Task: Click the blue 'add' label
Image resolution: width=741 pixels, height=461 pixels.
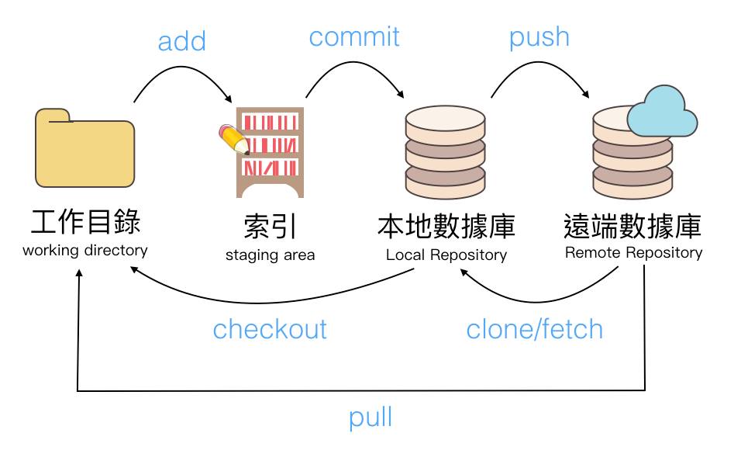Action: click(x=182, y=41)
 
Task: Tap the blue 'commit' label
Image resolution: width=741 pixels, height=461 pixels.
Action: click(x=354, y=36)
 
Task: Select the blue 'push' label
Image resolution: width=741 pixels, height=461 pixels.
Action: click(x=539, y=36)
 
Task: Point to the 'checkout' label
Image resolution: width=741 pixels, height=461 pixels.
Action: click(x=270, y=329)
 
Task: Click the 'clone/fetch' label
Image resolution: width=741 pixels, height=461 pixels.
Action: click(x=534, y=329)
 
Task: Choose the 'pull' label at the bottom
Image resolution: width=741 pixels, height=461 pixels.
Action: click(x=370, y=418)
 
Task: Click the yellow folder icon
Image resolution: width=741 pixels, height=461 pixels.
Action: click(x=84, y=149)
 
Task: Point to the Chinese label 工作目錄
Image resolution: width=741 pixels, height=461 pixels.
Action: click(x=85, y=222)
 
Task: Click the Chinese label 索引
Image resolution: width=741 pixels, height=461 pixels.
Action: click(x=270, y=227)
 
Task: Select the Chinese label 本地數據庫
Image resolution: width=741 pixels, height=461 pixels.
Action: click(x=446, y=227)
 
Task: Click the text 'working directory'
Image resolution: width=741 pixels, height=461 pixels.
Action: click(x=85, y=251)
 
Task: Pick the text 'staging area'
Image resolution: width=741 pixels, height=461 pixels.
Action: click(x=270, y=255)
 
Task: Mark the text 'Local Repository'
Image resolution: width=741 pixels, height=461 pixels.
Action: click(x=446, y=255)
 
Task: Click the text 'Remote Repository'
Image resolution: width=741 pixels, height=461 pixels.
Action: click(x=633, y=252)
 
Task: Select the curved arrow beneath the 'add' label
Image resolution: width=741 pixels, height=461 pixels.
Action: click(x=184, y=76)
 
